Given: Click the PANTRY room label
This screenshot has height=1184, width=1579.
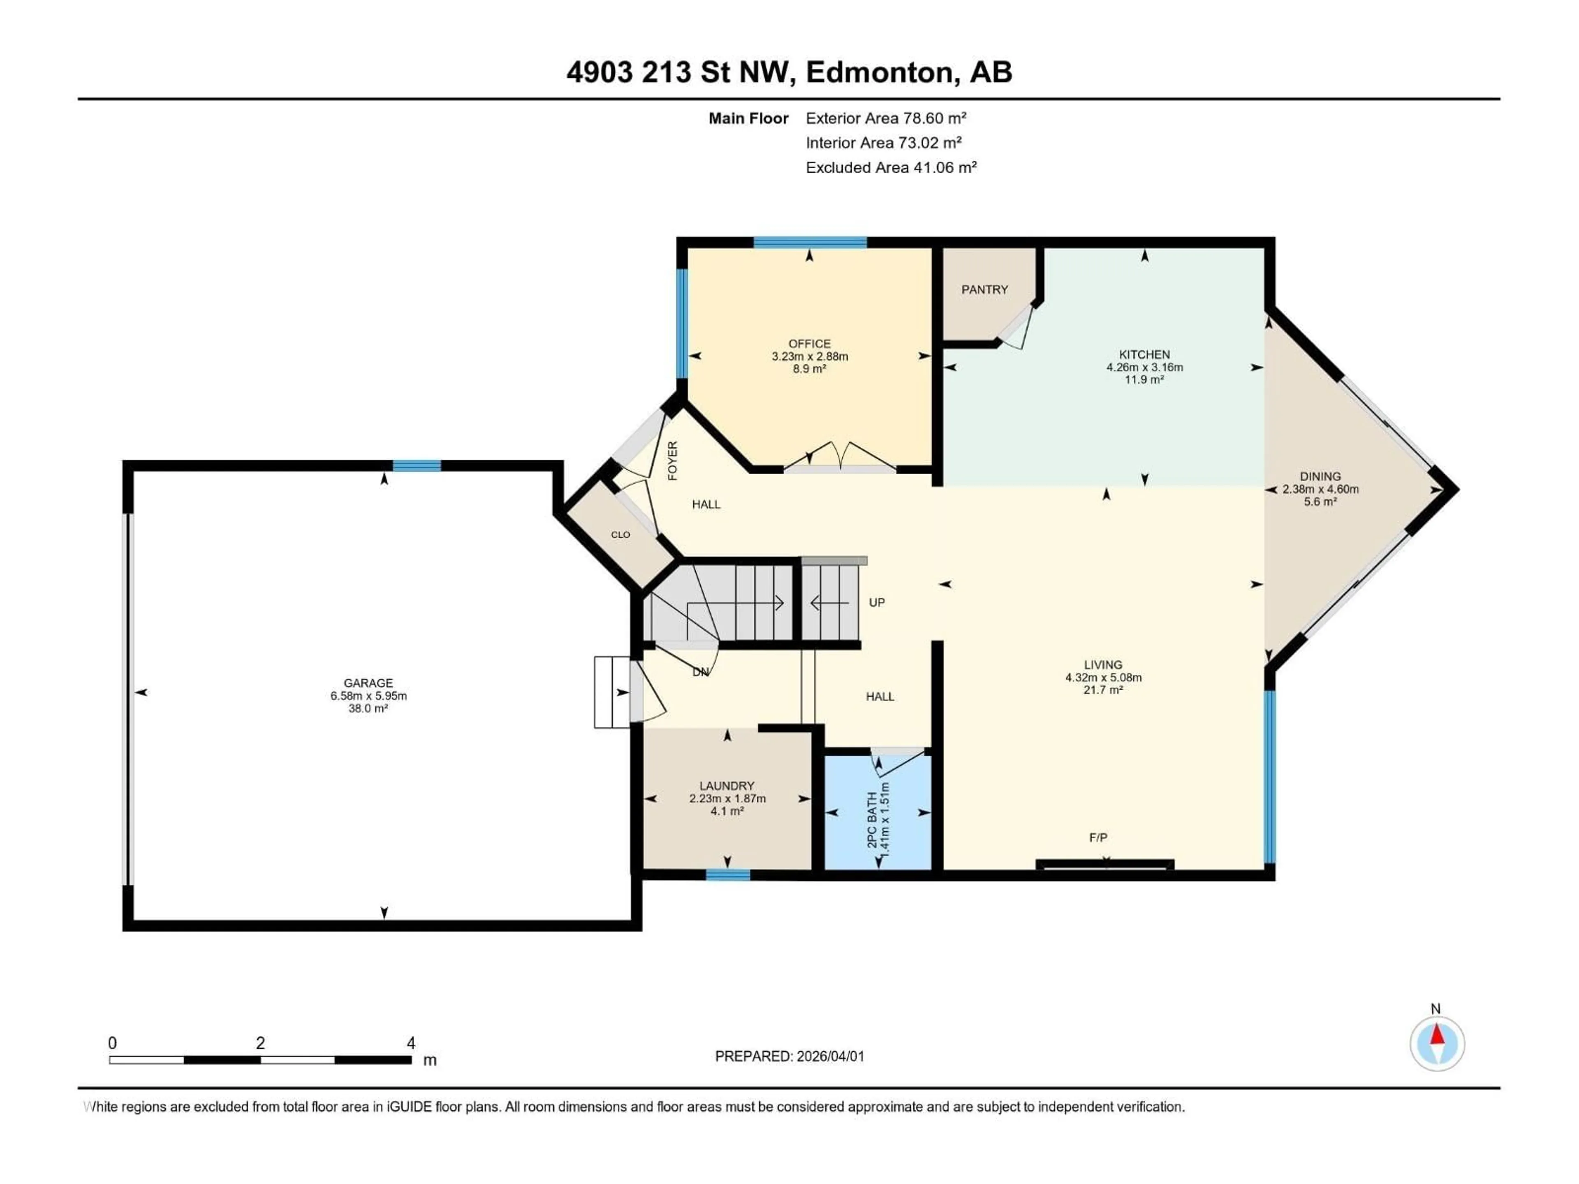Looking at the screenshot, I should (x=984, y=290).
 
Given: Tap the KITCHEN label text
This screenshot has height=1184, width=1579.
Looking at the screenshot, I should (x=1144, y=355).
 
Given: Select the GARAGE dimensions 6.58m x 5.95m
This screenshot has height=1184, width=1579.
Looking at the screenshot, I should (x=368, y=696).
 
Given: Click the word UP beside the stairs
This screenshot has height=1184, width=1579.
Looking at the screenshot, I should (x=877, y=602).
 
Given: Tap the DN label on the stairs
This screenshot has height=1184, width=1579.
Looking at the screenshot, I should (x=700, y=672).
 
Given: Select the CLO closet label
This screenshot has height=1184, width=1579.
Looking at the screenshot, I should (x=620, y=534).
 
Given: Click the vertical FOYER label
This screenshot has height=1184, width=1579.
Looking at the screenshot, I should (x=672, y=460).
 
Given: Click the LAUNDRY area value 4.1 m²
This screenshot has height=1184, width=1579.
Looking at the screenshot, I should (x=727, y=812).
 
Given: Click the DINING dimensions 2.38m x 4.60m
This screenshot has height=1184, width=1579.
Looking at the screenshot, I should (x=1320, y=490).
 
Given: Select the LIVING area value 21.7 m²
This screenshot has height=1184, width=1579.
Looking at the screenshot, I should (x=1103, y=690).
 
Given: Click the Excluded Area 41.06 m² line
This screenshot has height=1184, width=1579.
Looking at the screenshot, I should (x=891, y=168).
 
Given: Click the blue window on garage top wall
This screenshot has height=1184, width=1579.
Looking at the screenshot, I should (x=416, y=466).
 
